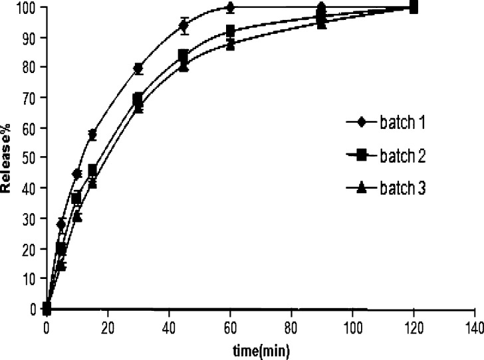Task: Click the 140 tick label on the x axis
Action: click(x=474, y=326)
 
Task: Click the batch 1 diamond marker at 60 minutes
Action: click(x=230, y=8)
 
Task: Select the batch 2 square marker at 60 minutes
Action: click(x=230, y=31)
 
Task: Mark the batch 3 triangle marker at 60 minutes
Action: click(x=230, y=44)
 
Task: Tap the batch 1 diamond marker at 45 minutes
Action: click(x=184, y=27)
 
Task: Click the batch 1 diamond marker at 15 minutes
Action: click(x=92, y=135)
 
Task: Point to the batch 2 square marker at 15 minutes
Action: click(x=92, y=170)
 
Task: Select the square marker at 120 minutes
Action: click(x=413, y=8)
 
